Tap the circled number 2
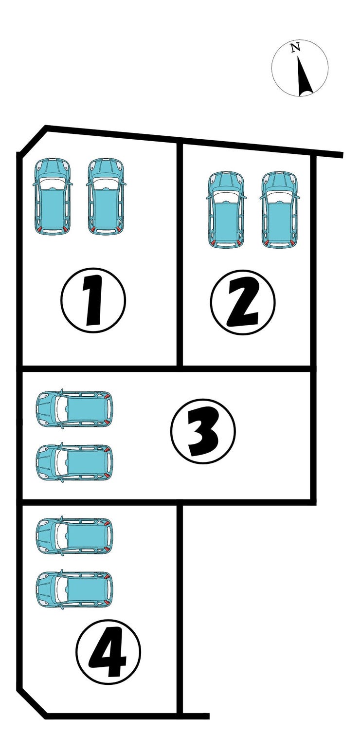(x=243, y=302)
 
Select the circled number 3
(x=203, y=431)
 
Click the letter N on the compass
(x=295, y=47)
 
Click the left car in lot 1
(x=52, y=196)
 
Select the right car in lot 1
(x=106, y=196)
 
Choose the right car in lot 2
(x=280, y=210)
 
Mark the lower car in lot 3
(x=73, y=462)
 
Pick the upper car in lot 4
(x=73, y=535)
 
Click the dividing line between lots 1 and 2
(x=180, y=254)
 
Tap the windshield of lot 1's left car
(x=52, y=184)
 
